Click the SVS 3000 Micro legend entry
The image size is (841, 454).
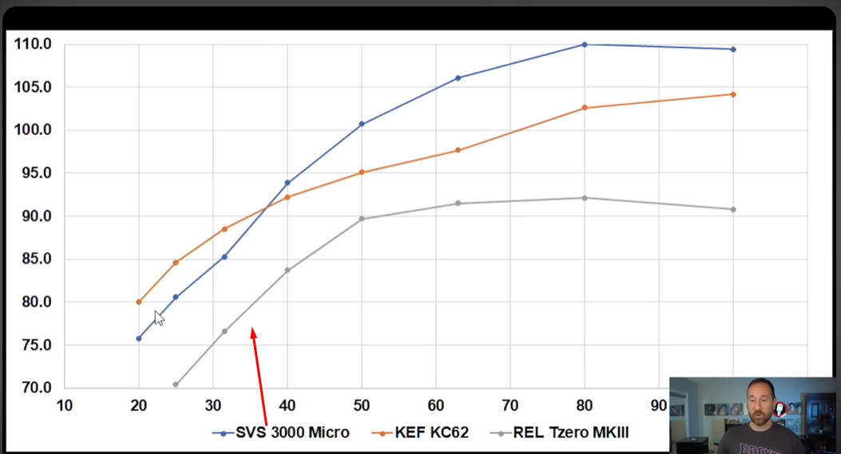click(x=281, y=432)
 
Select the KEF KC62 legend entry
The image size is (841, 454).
click(x=421, y=432)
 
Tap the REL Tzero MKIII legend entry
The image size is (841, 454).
click(x=563, y=432)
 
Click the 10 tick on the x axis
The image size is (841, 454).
click(x=64, y=405)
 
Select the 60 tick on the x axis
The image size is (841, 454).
click(x=436, y=405)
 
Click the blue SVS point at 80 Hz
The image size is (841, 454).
click(x=585, y=45)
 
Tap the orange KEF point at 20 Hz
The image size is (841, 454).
click(x=139, y=302)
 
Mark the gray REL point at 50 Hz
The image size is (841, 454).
click(x=362, y=219)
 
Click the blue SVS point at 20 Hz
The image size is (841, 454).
click(x=139, y=338)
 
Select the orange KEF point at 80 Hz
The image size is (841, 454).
click(x=585, y=108)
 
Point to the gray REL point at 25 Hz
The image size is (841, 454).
click(x=176, y=384)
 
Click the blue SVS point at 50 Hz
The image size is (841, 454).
click(x=362, y=124)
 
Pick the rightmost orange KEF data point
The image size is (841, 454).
click(x=733, y=94)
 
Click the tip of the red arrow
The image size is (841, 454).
click(x=253, y=329)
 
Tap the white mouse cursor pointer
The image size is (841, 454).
click(x=158, y=317)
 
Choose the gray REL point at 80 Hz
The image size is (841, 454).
click(x=585, y=197)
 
